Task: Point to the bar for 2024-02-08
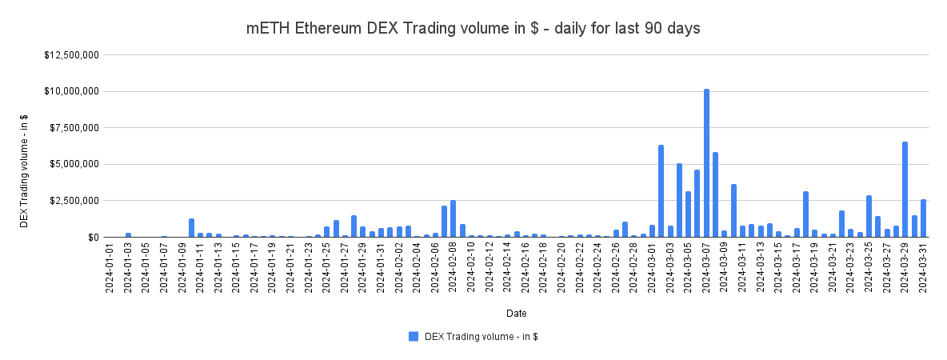coord(454,218)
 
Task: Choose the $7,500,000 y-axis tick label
coord(74,128)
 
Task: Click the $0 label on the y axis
coord(94,238)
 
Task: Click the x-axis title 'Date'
coord(516,313)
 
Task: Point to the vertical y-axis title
coord(25,170)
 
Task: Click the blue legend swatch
coord(414,337)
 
